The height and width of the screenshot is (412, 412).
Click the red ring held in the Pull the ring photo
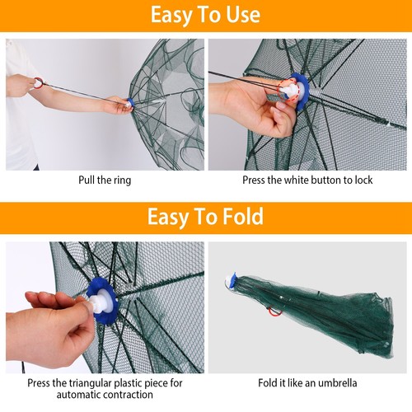pyautogui.click(x=38, y=83)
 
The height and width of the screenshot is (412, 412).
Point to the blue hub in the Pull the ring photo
pyautogui.click(x=130, y=105)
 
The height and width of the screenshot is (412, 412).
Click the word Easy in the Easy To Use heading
pyautogui.click(x=174, y=16)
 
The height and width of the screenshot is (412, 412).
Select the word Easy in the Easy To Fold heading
pyautogui.click(x=169, y=217)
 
